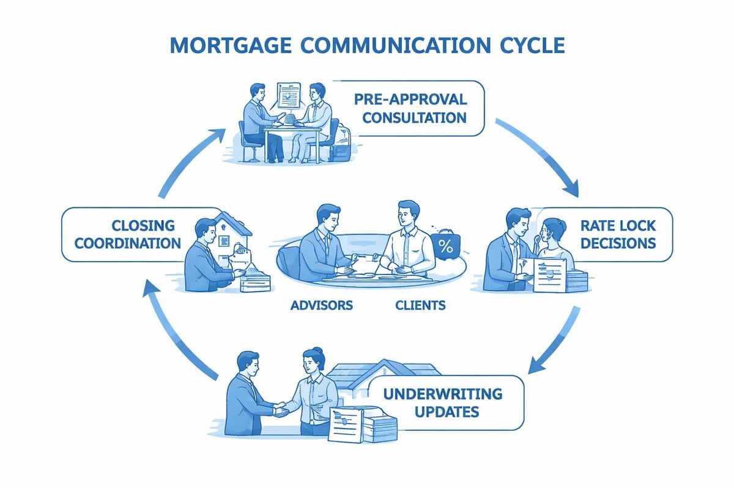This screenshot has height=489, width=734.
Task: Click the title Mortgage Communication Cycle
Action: coord(367,46)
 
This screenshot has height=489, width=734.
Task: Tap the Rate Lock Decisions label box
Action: coord(618,235)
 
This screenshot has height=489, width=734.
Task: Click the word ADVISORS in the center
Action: coord(322,304)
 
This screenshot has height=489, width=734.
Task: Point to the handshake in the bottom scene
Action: coord(282,410)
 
